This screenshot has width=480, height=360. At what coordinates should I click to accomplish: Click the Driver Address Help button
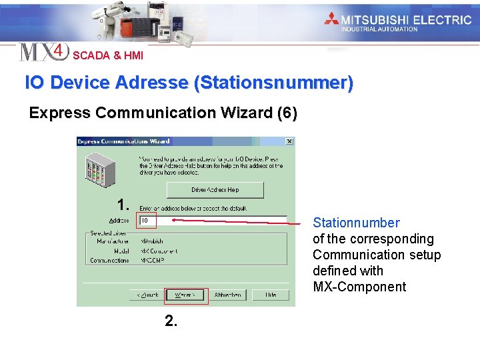214,190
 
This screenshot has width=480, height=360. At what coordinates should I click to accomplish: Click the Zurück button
150,295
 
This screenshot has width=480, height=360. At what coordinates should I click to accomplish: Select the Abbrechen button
229,295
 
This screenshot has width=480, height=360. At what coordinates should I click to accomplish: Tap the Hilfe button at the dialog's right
270,295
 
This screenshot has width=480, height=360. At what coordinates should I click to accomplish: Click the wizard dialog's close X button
289,141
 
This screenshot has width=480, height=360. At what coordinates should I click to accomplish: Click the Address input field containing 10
212,220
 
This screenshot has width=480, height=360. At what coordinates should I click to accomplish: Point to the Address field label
119,221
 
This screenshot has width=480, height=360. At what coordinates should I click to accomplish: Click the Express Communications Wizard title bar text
124,141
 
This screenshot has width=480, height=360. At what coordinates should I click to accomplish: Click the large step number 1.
122,204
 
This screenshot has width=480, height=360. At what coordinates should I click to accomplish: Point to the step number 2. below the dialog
171,321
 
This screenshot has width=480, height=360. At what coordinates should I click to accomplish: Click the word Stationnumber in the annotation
356,223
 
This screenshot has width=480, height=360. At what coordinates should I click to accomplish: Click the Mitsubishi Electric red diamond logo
331,19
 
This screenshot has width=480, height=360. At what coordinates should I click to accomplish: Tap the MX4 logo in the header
44,52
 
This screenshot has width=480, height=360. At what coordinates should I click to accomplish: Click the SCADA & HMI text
107,56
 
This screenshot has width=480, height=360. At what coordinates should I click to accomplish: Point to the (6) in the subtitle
287,113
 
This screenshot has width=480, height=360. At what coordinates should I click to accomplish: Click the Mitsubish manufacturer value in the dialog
151,241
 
